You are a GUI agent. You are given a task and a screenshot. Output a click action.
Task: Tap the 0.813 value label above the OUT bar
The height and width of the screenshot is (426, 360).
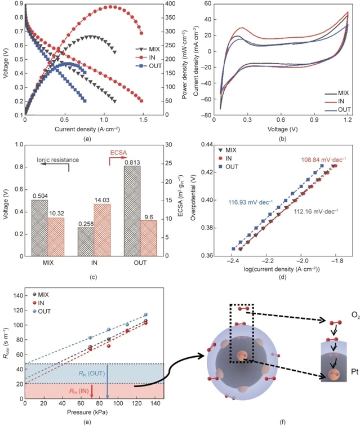coord(134,162)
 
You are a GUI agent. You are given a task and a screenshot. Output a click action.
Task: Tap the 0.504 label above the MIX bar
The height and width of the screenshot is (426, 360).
coord(39,196)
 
